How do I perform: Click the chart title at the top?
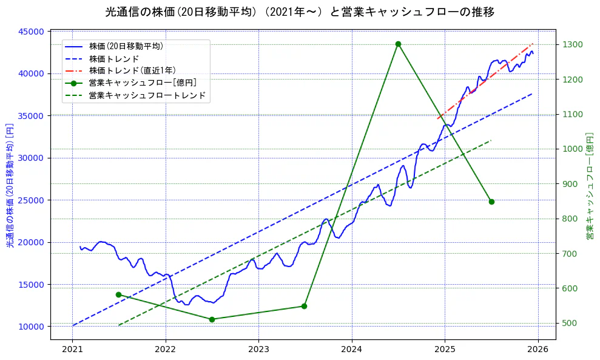[300, 12]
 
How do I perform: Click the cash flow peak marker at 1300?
[398, 44]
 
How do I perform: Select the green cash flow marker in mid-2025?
[491, 202]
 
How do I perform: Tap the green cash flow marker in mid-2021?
[119, 294]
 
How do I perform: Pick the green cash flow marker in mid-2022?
[212, 319]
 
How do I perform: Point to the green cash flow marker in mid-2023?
[304, 306]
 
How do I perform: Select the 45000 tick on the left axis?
[31, 32]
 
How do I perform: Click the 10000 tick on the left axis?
[31, 327]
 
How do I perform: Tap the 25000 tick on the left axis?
[31, 200]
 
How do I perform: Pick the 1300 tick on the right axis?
[573, 44]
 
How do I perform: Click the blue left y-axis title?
[10, 183]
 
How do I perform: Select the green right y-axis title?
[589, 183]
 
